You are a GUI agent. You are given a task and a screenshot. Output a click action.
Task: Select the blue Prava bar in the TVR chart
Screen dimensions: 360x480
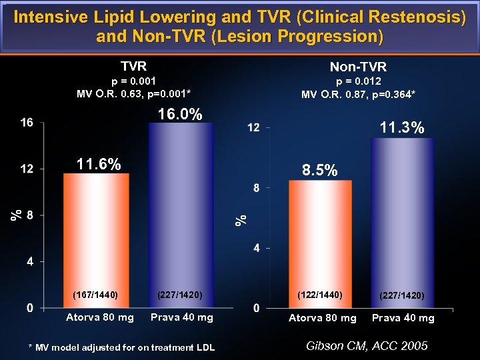pos(181,213)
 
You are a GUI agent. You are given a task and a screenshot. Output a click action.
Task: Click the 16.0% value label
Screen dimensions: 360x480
pos(180,115)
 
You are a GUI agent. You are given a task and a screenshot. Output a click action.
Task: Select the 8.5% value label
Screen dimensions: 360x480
pos(320,171)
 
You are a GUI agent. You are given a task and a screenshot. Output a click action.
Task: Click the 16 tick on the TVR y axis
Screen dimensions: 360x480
pos(27,123)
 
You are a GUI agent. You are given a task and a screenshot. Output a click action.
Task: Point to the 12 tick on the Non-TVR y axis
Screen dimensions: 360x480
pos(253,127)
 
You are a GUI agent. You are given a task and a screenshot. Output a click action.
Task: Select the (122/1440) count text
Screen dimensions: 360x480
pos(319,294)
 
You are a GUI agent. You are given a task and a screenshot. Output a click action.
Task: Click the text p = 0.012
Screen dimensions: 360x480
pos(358,81)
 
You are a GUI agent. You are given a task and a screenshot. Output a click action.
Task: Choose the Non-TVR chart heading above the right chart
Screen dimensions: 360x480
pos(358,67)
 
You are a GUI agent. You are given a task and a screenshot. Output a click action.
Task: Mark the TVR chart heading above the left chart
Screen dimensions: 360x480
pos(133,66)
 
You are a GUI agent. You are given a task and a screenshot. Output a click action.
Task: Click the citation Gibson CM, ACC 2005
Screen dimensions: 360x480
pos(366,345)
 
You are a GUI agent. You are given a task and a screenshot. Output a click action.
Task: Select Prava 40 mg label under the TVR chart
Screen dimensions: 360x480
pos(182,317)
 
